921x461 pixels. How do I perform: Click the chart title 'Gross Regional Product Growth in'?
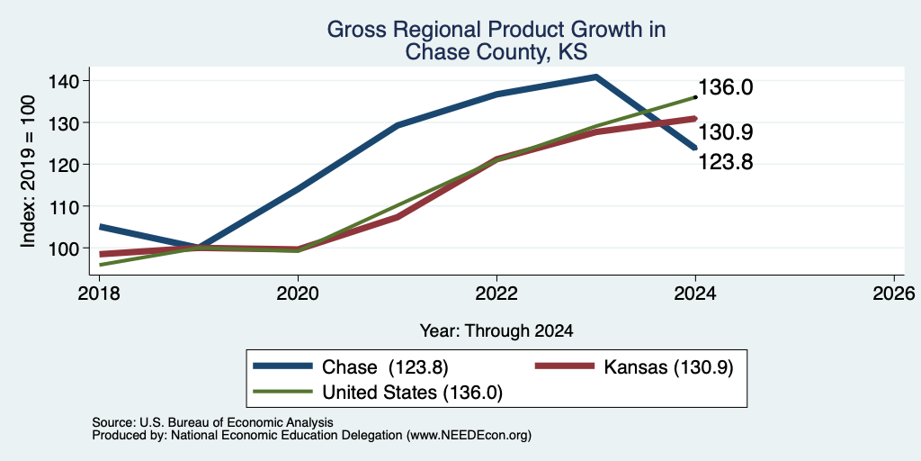[496, 30]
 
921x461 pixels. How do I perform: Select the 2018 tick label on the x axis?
[99, 293]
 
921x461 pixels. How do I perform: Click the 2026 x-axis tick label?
[894, 293]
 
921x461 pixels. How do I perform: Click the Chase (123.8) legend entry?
[351, 367]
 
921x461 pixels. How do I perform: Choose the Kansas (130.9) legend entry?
[634, 367]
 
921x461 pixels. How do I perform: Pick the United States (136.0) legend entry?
[378, 393]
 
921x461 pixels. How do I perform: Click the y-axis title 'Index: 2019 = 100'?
[28, 171]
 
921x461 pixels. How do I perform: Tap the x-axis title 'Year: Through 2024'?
[496, 331]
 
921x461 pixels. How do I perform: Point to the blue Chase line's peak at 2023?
[595, 77]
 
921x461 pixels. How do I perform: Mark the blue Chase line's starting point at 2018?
[101, 226]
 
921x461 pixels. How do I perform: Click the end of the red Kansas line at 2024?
[695, 119]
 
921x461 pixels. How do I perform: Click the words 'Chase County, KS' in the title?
[496, 52]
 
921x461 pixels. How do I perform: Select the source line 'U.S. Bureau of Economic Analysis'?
[237, 422]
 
